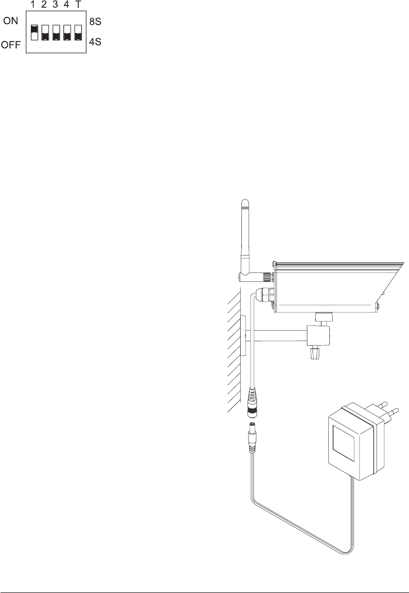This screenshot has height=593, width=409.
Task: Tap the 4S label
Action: point(95,42)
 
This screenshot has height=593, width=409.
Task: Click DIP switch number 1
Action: point(34,32)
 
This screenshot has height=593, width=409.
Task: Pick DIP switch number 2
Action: point(45,32)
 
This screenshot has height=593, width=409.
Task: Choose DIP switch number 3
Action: point(56,32)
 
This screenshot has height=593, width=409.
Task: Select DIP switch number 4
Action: point(67,32)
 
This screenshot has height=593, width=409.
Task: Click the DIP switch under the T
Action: point(77,32)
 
